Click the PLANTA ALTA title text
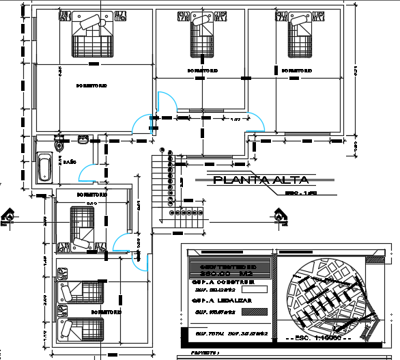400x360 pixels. pos(260,180)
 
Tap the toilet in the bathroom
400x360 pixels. pos(59,144)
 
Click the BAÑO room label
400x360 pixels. pos(70,162)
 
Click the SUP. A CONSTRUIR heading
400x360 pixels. pos(225,281)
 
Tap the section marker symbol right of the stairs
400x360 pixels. pos(280,216)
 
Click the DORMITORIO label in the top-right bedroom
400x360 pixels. pos(294,70)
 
